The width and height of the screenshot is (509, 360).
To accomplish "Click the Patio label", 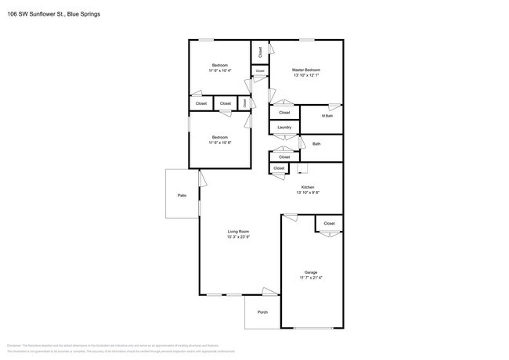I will point(182,195).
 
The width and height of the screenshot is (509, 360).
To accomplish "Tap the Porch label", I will point(262,311).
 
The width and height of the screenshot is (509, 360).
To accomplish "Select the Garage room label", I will point(311,272).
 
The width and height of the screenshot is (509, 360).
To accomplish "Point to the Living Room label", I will point(238,232).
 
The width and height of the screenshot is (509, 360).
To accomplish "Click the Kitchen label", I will point(308,187).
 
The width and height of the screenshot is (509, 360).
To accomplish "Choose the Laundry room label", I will point(284,128).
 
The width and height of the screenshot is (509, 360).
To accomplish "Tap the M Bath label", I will point(327,116).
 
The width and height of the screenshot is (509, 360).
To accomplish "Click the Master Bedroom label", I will point(306,70).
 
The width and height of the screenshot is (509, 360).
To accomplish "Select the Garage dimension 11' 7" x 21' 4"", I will point(311,277).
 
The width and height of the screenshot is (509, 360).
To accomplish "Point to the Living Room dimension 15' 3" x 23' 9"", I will point(238,237).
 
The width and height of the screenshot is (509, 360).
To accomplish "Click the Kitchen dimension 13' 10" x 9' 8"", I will point(308,193).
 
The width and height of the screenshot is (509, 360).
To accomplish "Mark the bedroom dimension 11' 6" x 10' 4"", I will point(219,70).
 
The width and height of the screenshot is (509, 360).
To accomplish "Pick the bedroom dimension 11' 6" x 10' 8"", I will point(219,142).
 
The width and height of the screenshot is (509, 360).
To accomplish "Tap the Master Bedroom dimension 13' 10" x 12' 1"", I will point(306,75).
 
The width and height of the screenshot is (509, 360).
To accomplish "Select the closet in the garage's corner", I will point(329,223).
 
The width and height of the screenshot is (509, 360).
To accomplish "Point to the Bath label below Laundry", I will point(316,144).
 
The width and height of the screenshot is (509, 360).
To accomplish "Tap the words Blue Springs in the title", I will point(82,13).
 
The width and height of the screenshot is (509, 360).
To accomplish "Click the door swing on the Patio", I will point(201,179).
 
